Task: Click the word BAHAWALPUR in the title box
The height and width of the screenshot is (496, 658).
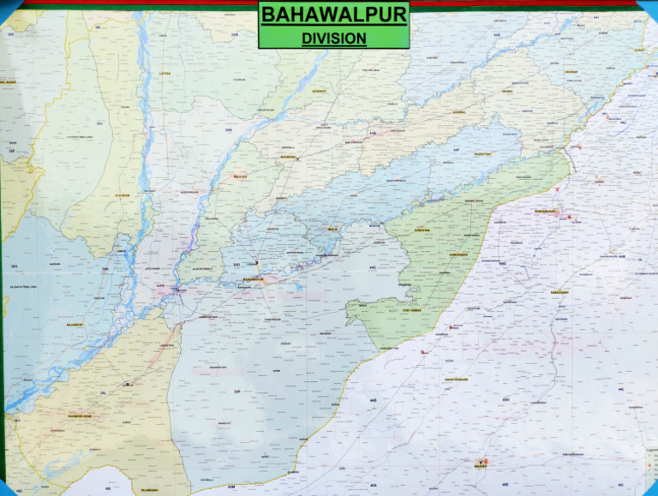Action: pos(333,15)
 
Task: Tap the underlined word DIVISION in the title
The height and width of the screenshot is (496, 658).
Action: pos(333,38)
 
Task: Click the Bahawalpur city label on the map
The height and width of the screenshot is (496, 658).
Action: pos(254,279)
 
